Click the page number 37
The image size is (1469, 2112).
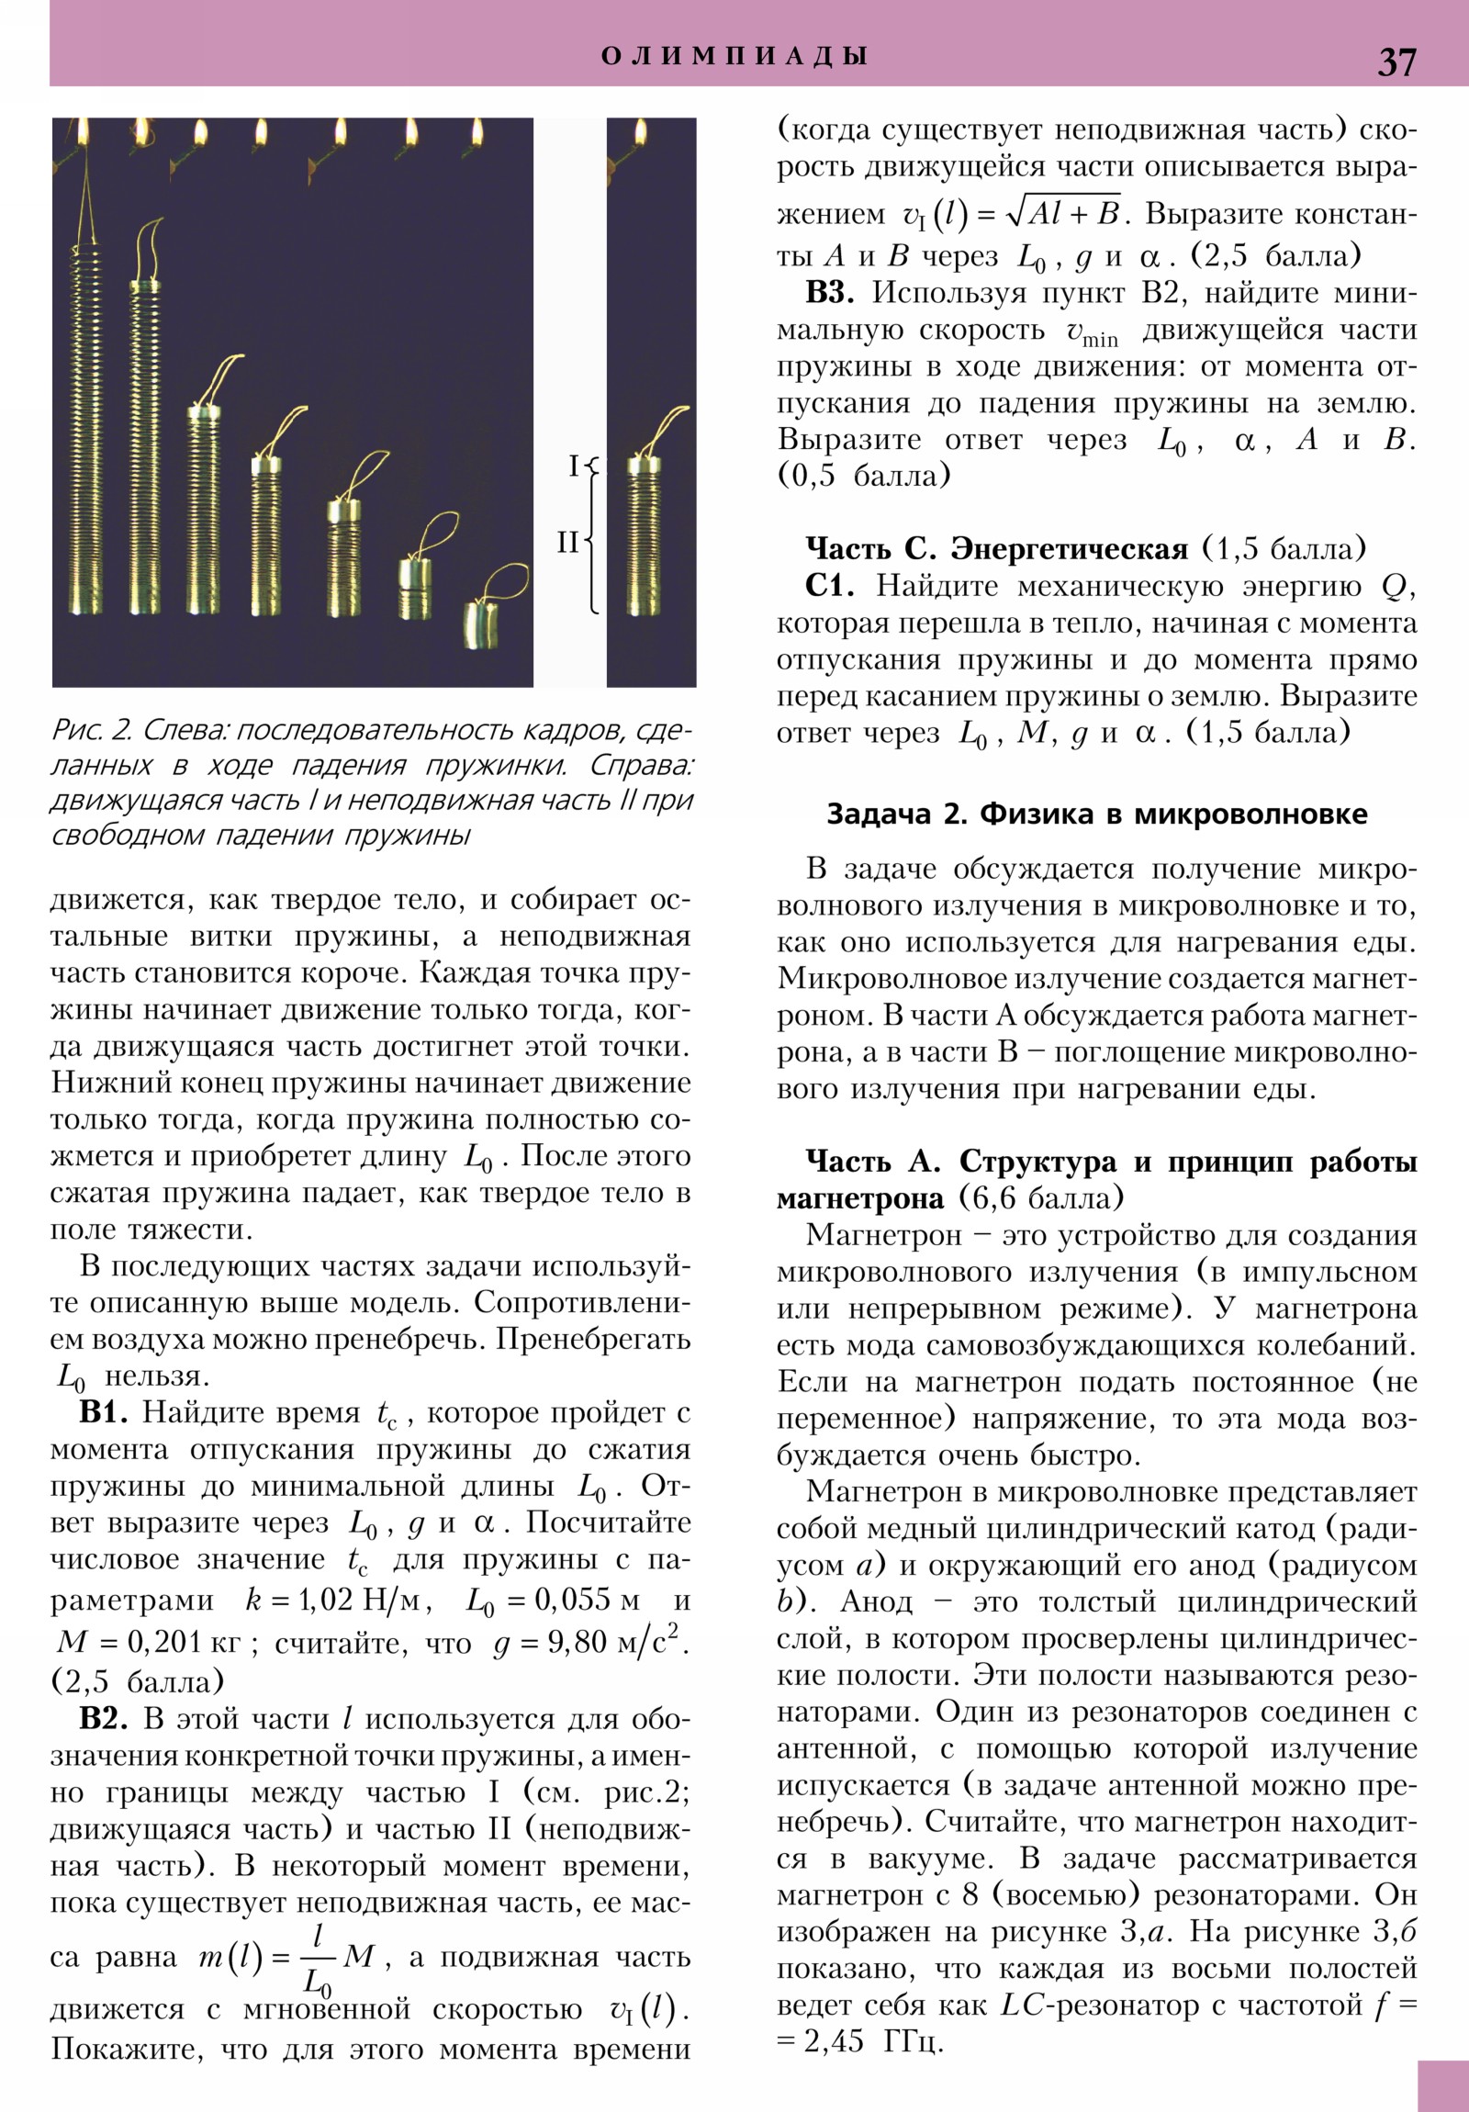[x=1396, y=62]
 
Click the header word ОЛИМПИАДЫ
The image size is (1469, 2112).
[x=734, y=55]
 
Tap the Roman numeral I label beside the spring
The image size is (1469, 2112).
[x=573, y=466]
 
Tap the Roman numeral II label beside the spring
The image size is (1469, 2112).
[x=567, y=542]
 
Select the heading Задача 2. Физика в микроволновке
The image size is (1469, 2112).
[x=1096, y=814]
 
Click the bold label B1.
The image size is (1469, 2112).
[x=109, y=1412]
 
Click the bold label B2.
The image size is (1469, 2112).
[x=109, y=1718]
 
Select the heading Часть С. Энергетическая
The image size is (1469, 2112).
[x=996, y=549]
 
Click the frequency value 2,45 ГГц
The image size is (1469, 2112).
[x=869, y=2041]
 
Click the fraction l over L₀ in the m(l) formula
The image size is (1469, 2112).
[x=318, y=1960]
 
